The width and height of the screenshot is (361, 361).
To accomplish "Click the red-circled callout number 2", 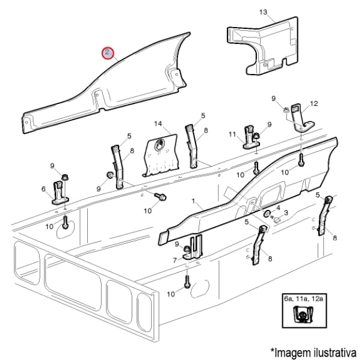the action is (108, 53).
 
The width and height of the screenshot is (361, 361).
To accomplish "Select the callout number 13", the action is (264, 12).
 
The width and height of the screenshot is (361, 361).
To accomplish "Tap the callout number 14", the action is (158, 123).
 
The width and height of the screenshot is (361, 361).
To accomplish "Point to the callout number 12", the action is (314, 104).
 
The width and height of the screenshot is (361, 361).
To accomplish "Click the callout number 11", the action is (232, 134).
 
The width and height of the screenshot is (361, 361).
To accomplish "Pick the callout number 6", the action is (43, 189).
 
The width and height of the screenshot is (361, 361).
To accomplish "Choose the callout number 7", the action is (175, 261).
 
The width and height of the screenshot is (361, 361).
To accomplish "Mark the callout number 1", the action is (193, 201).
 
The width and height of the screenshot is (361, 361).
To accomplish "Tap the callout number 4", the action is (278, 208).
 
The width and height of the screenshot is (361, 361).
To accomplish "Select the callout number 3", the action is (286, 213).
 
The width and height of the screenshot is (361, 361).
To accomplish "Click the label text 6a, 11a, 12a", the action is (304, 299).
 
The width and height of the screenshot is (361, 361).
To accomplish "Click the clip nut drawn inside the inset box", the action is (304, 315).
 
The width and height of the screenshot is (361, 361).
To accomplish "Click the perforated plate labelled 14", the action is (161, 155).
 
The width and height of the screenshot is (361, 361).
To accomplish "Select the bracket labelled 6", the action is (60, 193).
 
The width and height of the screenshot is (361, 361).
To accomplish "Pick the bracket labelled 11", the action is (251, 137).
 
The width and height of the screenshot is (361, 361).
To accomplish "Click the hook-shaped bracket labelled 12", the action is (303, 118).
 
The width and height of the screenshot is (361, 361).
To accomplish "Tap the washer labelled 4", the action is (267, 214).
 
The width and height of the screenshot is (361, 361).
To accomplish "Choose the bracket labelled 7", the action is (193, 247).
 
